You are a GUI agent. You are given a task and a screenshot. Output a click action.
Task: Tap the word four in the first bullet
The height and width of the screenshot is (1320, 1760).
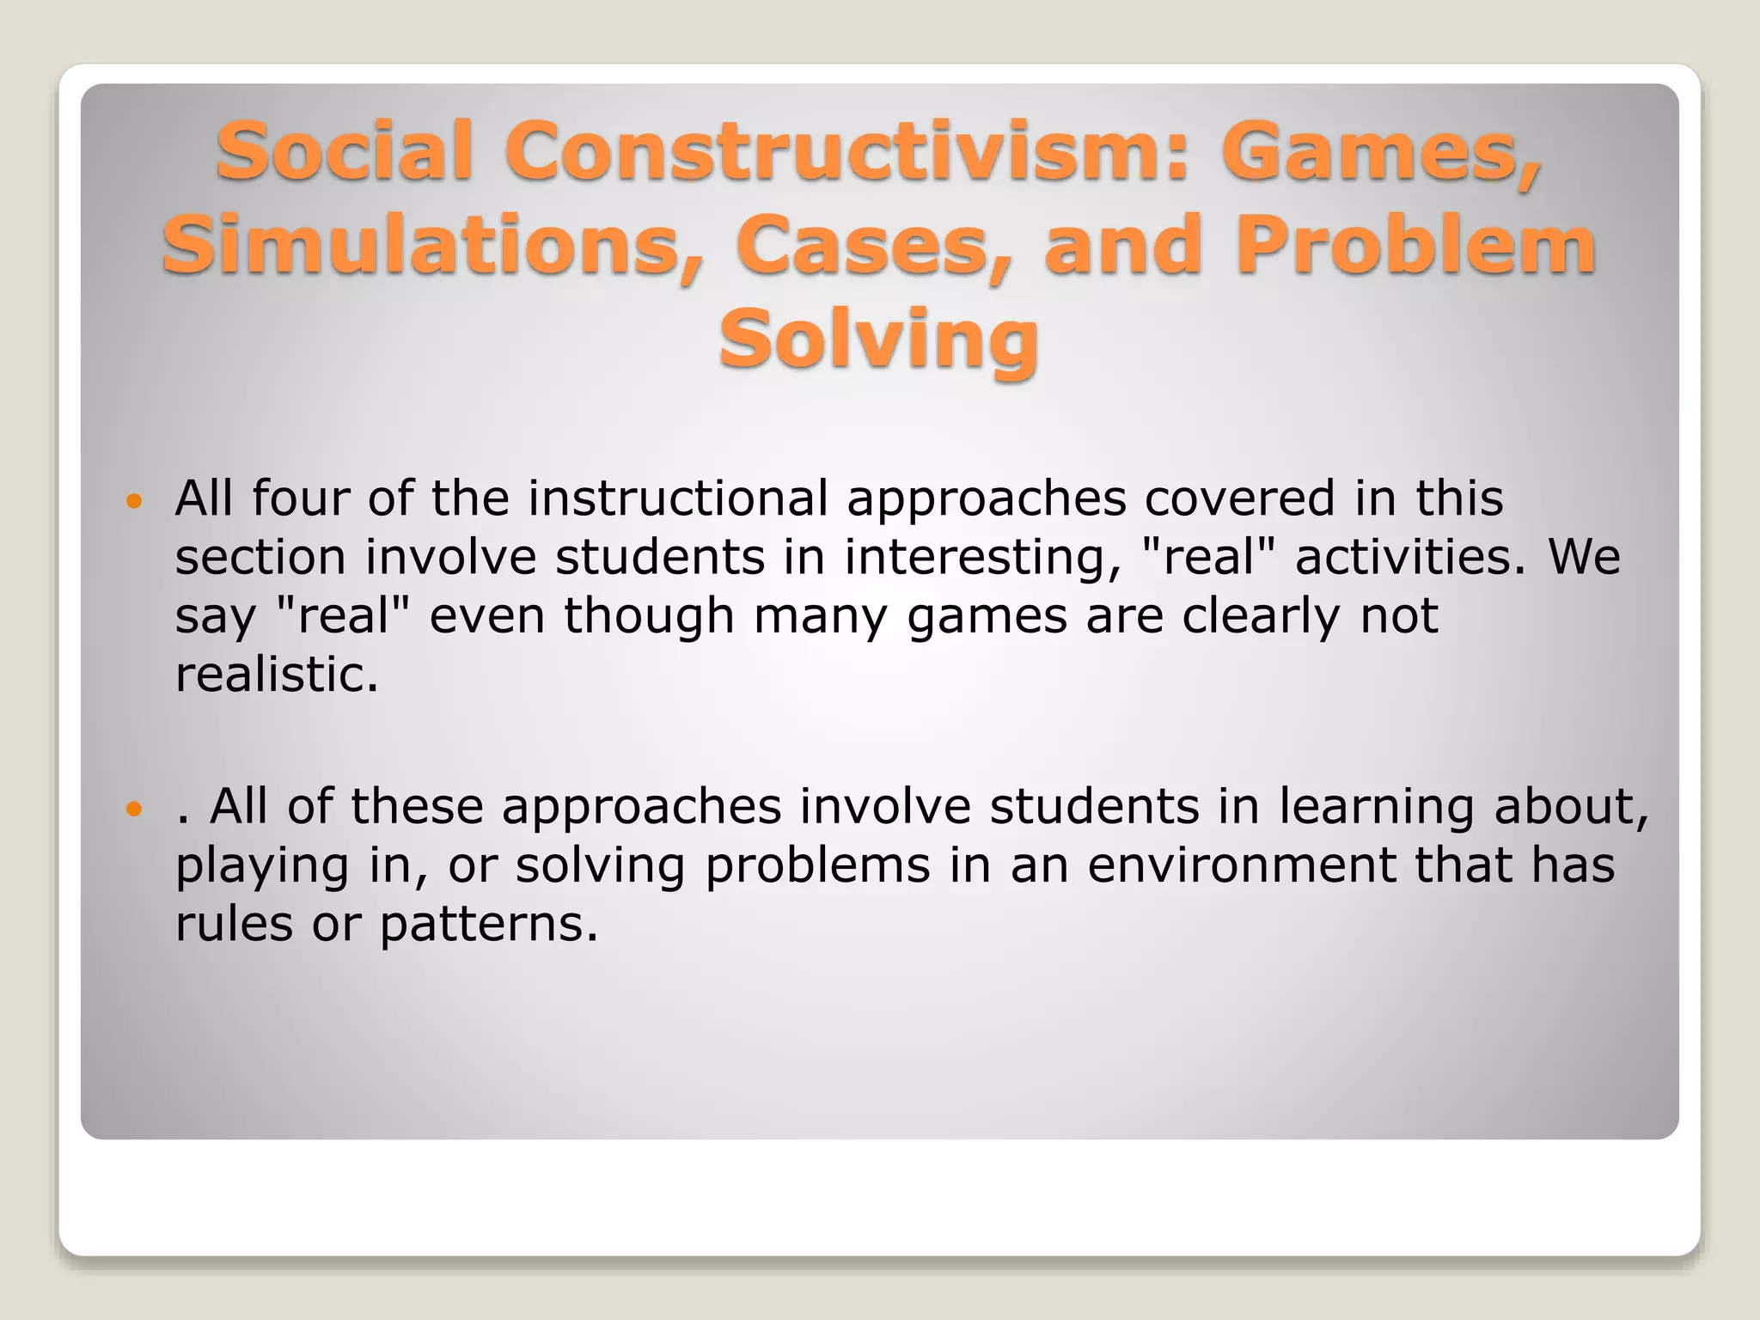point(300,498)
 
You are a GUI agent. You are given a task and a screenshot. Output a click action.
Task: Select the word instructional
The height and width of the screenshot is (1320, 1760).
point(678,498)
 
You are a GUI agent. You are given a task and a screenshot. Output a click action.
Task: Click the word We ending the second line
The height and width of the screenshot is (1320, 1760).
point(1584,557)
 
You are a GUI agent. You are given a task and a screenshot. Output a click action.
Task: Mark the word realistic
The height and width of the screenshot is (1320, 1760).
point(277,675)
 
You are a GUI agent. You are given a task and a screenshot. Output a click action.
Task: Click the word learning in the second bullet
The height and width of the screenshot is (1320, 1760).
point(1376,807)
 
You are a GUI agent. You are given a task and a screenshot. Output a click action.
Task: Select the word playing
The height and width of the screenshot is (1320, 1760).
point(262,866)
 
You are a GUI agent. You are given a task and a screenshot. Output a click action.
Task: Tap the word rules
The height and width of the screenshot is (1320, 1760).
point(234,925)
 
